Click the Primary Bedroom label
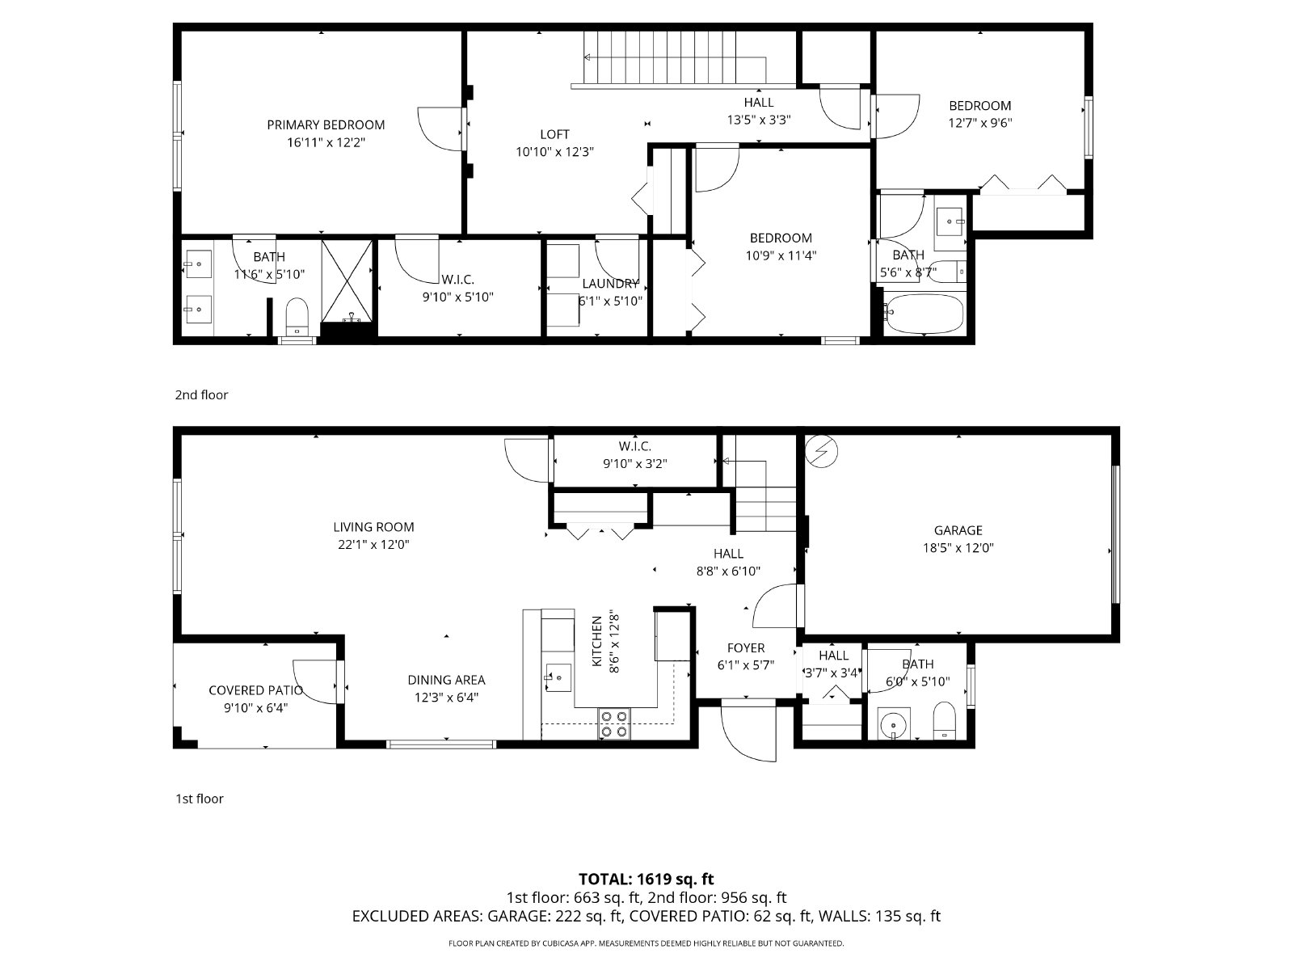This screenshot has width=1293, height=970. (326, 124)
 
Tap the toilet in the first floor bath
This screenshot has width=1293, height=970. (944, 721)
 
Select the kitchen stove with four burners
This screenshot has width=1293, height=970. (613, 723)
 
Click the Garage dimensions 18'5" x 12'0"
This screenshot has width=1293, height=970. (958, 547)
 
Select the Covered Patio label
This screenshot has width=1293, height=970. (255, 690)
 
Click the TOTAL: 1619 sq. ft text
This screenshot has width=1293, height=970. (646, 879)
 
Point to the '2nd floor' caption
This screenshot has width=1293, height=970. (201, 394)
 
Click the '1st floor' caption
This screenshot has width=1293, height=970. (199, 799)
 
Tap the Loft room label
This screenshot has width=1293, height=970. (554, 134)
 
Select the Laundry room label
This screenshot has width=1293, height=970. (610, 284)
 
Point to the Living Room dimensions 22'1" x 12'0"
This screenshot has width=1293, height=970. (373, 545)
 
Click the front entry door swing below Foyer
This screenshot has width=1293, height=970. (749, 732)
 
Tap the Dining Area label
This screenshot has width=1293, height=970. (446, 680)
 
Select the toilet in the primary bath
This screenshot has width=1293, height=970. (298, 316)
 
